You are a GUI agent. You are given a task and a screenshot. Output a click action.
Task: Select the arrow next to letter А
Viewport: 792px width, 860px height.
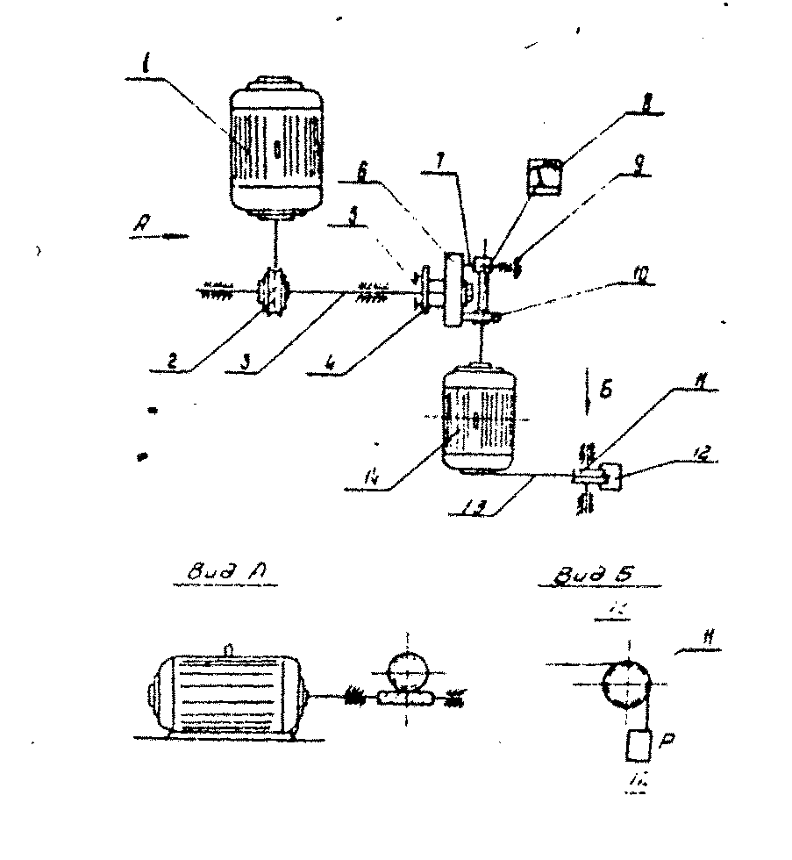(172, 236)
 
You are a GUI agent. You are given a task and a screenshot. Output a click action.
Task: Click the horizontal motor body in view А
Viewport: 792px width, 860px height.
(227, 692)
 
